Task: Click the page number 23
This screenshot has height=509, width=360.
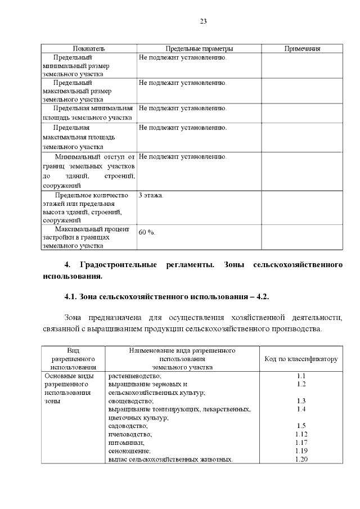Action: tap(204, 21)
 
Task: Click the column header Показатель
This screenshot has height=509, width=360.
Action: tap(89, 49)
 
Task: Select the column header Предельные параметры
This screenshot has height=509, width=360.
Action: tap(199, 49)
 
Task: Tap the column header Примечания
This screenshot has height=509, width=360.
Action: tap(302, 49)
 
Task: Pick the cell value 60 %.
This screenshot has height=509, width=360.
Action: tap(147, 232)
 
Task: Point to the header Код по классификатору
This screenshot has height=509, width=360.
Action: tap(301, 359)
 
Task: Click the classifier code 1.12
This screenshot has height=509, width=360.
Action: tap(301, 434)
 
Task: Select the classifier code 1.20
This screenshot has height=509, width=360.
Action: tap(301, 460)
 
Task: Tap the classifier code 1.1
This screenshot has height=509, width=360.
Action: tap(301, 376)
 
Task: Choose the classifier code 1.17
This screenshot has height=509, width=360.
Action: tap(301, 443)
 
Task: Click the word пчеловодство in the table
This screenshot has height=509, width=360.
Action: tap(130, 434)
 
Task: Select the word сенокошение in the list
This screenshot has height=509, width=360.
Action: tap(129, 451)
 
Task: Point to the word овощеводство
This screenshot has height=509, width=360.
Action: tap(130, 401)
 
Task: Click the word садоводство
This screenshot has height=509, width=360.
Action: tap(128, 426)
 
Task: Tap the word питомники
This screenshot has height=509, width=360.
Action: tap(126, 443)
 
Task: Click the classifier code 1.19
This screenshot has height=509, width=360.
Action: tap(301, 451)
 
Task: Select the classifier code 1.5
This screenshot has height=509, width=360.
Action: tap(301, 426)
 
